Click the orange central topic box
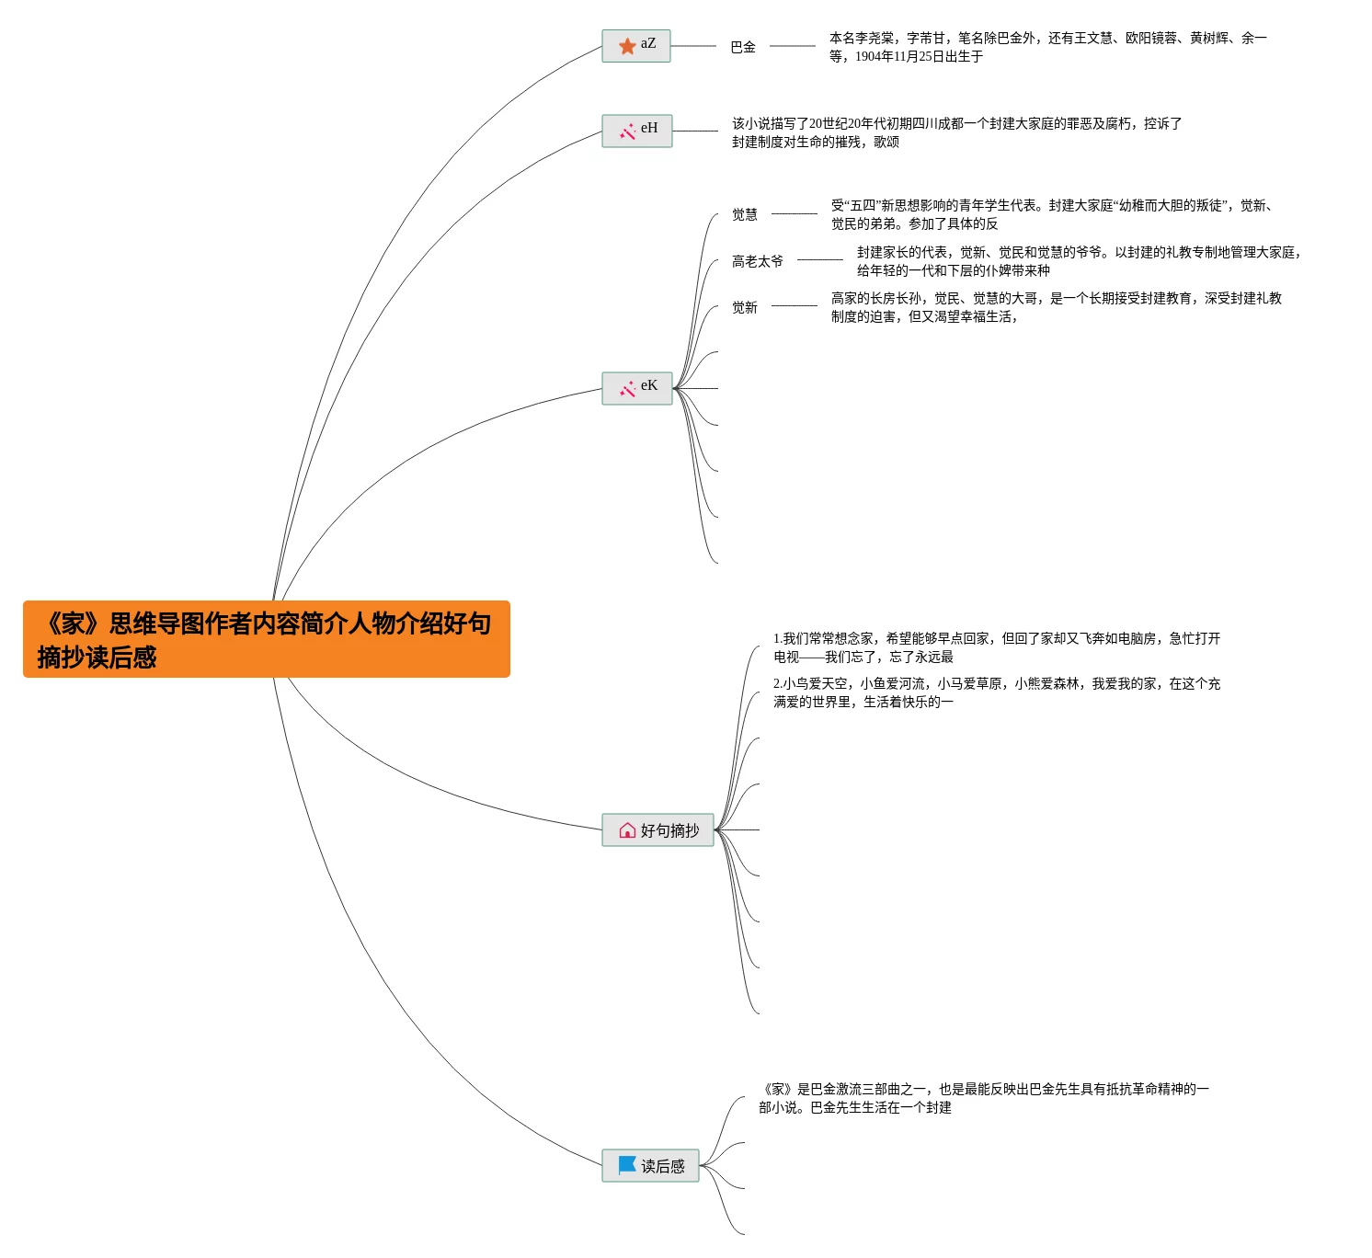266,639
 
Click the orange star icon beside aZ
627,46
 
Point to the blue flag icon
627,1165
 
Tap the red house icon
627,830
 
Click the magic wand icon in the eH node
627,132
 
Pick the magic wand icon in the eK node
627,389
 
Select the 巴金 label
743,47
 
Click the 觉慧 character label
745,214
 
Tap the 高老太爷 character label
758,261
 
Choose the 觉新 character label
745,307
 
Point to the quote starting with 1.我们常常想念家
996,647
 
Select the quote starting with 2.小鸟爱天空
996,692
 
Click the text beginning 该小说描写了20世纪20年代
956,132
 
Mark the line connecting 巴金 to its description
792,46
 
